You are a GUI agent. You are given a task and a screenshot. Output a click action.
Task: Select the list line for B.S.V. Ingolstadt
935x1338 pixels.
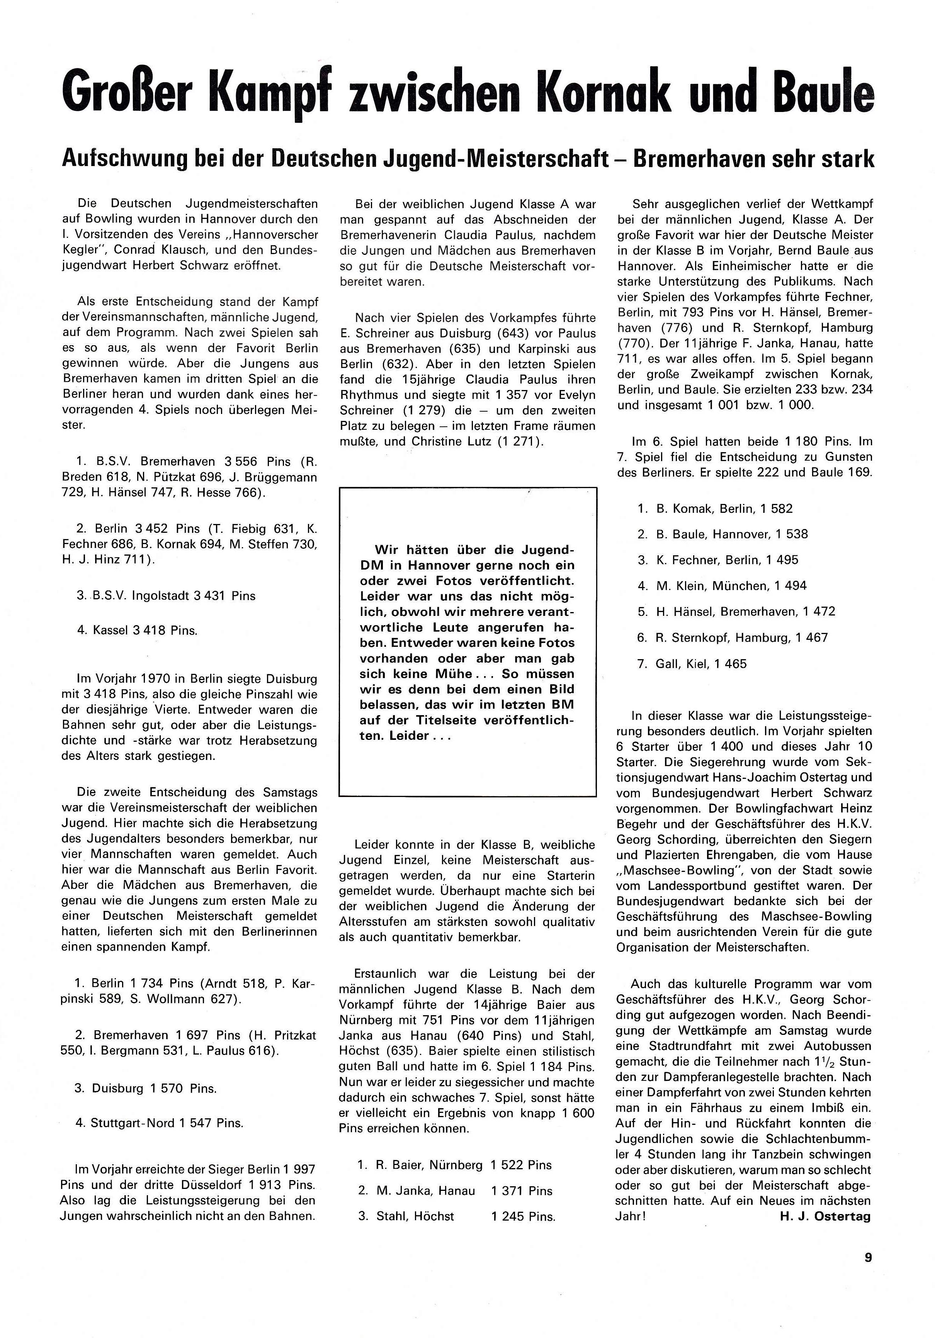[166, 595]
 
